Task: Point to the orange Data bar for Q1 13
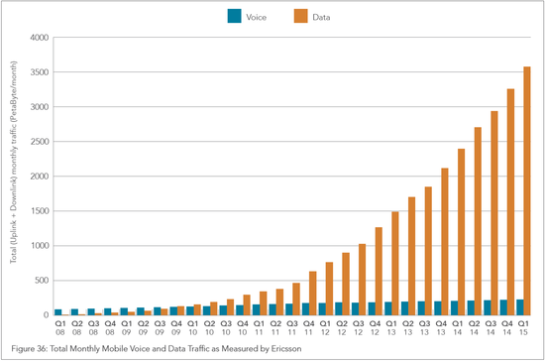pyautogui.click(x=394, y=263)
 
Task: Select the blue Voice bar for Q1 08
pyautogui.click(x=57, y=311)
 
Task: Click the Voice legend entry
pyautogui.click(x=243, y=15)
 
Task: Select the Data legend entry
pyautogui.click(x=312, y=15)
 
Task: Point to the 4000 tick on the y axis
pyautogui.click(x=38, y=38)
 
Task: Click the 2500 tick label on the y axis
pyautogui.click(x=38, y=142)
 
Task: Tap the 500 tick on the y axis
pyautogui.click(x=40, y=281)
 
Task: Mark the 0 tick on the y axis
pyautogui.click(x=45, y=315)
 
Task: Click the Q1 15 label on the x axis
pyautogui.click(x=522, y=328)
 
